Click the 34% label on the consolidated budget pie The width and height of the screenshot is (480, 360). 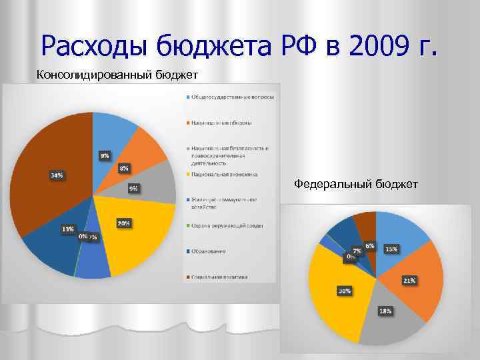click(57, 175)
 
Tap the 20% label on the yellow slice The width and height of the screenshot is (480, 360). click(123, 223)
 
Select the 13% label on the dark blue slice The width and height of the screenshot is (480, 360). click(68, 229)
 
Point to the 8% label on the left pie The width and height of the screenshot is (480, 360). click(124, 169)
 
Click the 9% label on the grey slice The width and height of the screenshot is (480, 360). click(134, 189)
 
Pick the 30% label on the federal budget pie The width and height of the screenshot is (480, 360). click(345, 291)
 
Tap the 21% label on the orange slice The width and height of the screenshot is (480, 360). click(409, 281)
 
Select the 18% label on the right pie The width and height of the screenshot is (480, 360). click(385, 311)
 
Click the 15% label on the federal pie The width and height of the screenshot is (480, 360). click(391, 249)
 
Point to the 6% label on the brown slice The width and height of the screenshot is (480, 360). click(369, 245)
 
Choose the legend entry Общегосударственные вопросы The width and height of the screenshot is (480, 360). click(232, 97)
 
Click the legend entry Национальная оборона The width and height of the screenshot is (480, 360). click(223, 123)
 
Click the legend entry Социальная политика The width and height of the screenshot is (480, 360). click(219, 276)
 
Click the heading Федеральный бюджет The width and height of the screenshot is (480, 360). click(356, 183)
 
